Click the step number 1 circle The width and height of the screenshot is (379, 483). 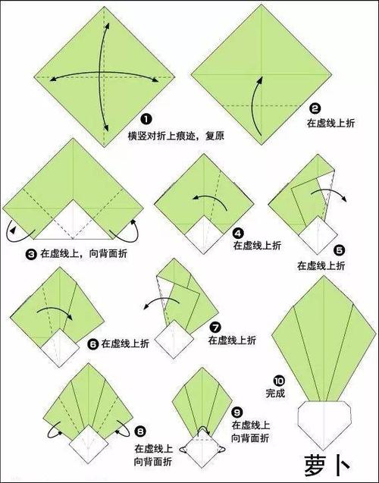click(x=146, y=119)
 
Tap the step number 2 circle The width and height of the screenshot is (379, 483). click(x=315, y=108)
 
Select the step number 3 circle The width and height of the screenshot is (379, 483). click(x=31, y=255)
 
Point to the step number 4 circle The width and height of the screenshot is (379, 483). click(x=238, y=234)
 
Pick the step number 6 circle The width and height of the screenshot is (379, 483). click(x=92, y=343)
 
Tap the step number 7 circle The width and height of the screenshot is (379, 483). click(x=215, y=327)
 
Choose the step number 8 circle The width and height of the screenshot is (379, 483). click(x=140, y=431)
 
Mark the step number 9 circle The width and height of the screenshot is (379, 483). click(x=236, y=412)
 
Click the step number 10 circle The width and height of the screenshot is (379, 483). click(x=279, y=381)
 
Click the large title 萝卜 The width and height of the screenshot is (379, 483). click(x=327, y=464)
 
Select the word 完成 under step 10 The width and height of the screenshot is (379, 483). click(x=275, y=393)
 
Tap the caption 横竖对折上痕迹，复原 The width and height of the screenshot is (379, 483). click(x=176, y=136)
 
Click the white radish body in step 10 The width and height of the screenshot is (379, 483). click(x=324, y=424)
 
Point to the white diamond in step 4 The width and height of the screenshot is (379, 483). click(x=203, y=235)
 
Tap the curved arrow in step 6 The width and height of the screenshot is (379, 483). click(x=55, y=309)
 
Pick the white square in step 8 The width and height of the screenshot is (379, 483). click(x=89, y=444)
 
